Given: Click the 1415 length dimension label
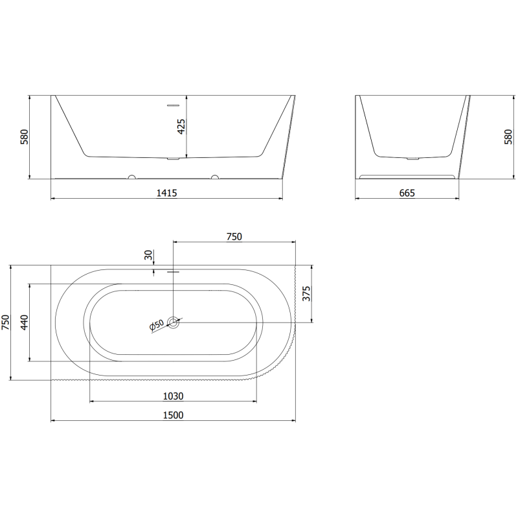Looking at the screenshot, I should coord(167,192).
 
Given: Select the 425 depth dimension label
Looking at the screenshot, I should coord(181,126).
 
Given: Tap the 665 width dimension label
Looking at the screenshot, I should coord(407,192).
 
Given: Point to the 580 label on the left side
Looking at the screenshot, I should coord(24,137).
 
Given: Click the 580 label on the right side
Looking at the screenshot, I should coord(508,137).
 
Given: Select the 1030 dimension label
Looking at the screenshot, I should coord(173,396).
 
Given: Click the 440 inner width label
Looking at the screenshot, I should coord(25,322).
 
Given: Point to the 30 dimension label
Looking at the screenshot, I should coord(148,256).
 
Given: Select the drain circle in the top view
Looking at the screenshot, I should coord(174,322).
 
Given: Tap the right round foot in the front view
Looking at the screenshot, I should coord(214,176).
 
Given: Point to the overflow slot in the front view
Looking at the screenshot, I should coord(173,105).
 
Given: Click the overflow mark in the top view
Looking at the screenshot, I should coord(173,272).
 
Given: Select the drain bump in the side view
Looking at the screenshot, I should coord(412,157).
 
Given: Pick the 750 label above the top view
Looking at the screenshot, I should coord(234,237).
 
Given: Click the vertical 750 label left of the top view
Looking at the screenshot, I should coord(6,322).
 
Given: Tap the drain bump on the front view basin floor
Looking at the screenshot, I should coord(173,157).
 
